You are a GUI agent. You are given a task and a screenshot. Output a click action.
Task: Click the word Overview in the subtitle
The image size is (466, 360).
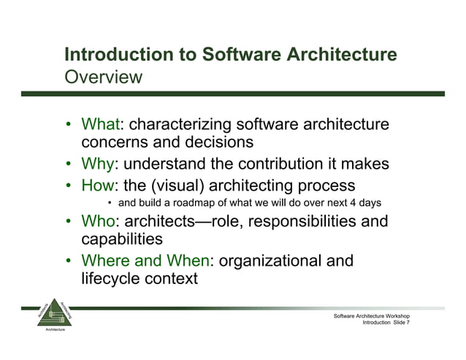[x=103, y=77]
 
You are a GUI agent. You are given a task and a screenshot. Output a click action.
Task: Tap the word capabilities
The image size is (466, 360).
[x=122, y=239]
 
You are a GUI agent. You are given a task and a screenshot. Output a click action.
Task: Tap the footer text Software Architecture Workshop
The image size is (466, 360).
[x=375, y=315]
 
